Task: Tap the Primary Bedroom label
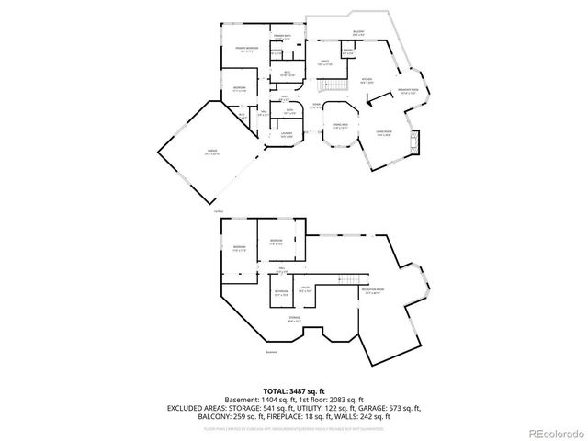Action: (x=246, y=48)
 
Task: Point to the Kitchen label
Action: (x=367, y=80)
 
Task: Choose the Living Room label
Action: (x=384, y=134)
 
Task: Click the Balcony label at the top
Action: (x=359, y=33)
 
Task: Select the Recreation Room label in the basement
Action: (x=373, y=293)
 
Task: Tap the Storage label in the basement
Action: (x=294, y=321)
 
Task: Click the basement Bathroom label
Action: (x=280, y=295)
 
